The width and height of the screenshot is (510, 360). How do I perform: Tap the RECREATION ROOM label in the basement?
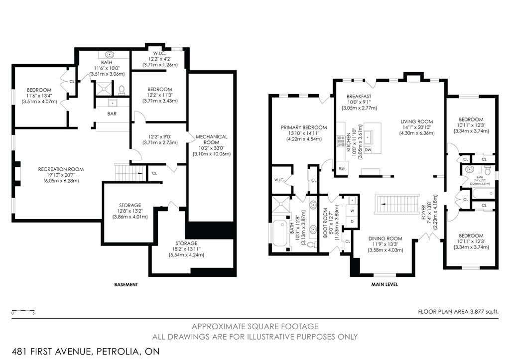[61, 169]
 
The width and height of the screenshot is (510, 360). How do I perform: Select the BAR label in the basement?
[112, 114]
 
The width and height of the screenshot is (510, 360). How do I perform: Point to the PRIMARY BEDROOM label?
[304, 127]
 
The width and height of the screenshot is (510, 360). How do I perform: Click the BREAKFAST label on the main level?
[359, 96]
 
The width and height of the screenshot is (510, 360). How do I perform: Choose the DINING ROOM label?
[385, 238]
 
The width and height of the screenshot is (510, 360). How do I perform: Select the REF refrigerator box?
[342, 168]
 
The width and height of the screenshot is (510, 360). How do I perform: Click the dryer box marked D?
[352, 221]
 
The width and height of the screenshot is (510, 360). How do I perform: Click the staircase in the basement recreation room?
[128, 173]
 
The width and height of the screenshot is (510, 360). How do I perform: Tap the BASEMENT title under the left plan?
[126, 285]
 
